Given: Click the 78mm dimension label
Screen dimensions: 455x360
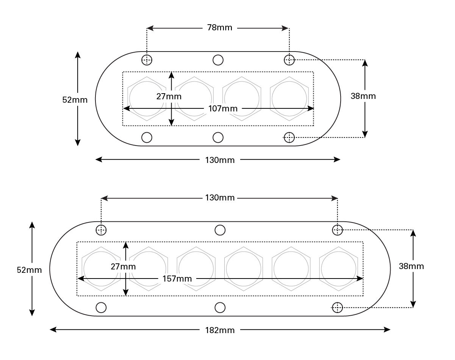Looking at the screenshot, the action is click(x=220, y=28).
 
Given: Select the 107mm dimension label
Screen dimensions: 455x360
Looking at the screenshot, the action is click(x=223, y=109).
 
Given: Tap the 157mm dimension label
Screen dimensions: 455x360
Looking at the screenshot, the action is click(x=177, y=279).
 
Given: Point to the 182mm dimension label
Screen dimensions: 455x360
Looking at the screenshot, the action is click(x=220, y=330).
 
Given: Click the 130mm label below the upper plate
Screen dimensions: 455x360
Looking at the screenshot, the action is click(x=220, y=160).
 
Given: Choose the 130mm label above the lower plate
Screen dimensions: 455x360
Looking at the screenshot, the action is click(x=220, y=198).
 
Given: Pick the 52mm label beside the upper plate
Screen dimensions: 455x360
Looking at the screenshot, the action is click(x=75, y=100).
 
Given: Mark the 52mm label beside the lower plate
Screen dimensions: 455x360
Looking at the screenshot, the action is click(x=29, y=270).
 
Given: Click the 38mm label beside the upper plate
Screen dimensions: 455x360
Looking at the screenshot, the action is click(x=363, y=96).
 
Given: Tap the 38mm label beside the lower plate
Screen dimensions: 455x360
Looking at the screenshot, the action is click(x=411, y=266).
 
